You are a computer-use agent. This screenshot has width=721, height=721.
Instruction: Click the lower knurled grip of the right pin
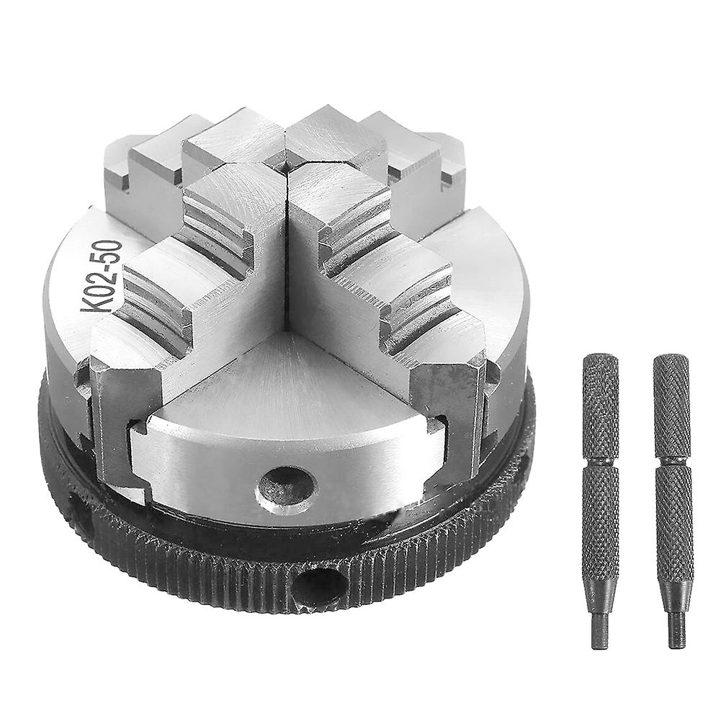[x=675, y=526]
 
